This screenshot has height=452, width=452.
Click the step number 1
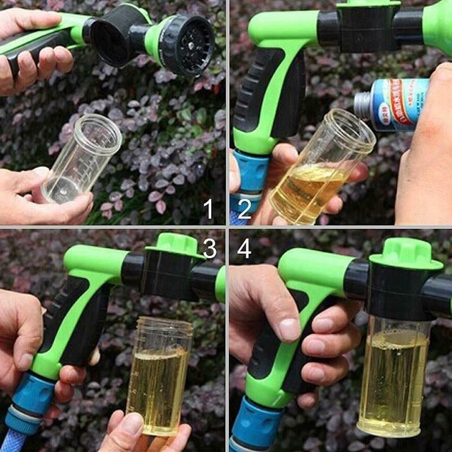click(208, 210)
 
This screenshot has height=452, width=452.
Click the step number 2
click(244, 210)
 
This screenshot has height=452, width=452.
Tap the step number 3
click(210, 248)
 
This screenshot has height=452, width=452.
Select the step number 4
click(244, 248)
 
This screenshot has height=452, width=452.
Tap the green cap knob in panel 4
click(406, 254)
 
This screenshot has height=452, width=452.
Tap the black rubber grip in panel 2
click(249, 102)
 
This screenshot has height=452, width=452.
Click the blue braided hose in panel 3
click(14, 441)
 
